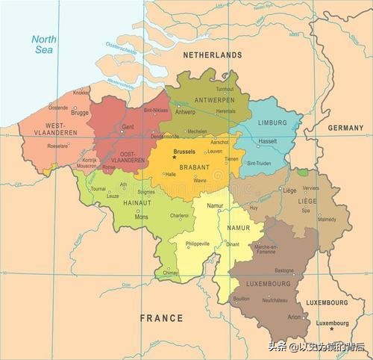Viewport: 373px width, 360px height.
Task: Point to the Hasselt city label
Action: (267, 141)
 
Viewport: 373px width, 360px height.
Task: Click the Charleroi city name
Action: (179, 216)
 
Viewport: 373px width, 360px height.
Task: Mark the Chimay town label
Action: (172, 273)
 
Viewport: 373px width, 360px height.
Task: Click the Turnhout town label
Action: (225, 89)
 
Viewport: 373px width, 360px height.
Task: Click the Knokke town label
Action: (81, 93)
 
